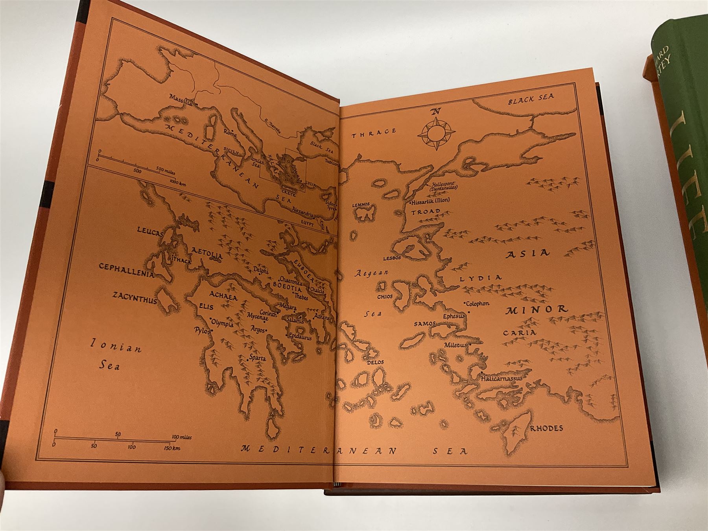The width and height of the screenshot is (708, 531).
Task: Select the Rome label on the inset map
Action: [x=228, y=133]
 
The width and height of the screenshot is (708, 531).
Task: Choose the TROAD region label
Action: [x=426, y=212]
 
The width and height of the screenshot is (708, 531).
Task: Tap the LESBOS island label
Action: [x=392, y=258]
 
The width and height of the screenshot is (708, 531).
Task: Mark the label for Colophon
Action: [x=477, y=304]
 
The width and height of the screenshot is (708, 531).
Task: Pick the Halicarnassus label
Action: [x=501, y=379]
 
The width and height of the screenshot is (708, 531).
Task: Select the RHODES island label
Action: [x=547, y=428]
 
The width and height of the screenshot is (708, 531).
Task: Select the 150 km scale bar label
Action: [x=172, y=448]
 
